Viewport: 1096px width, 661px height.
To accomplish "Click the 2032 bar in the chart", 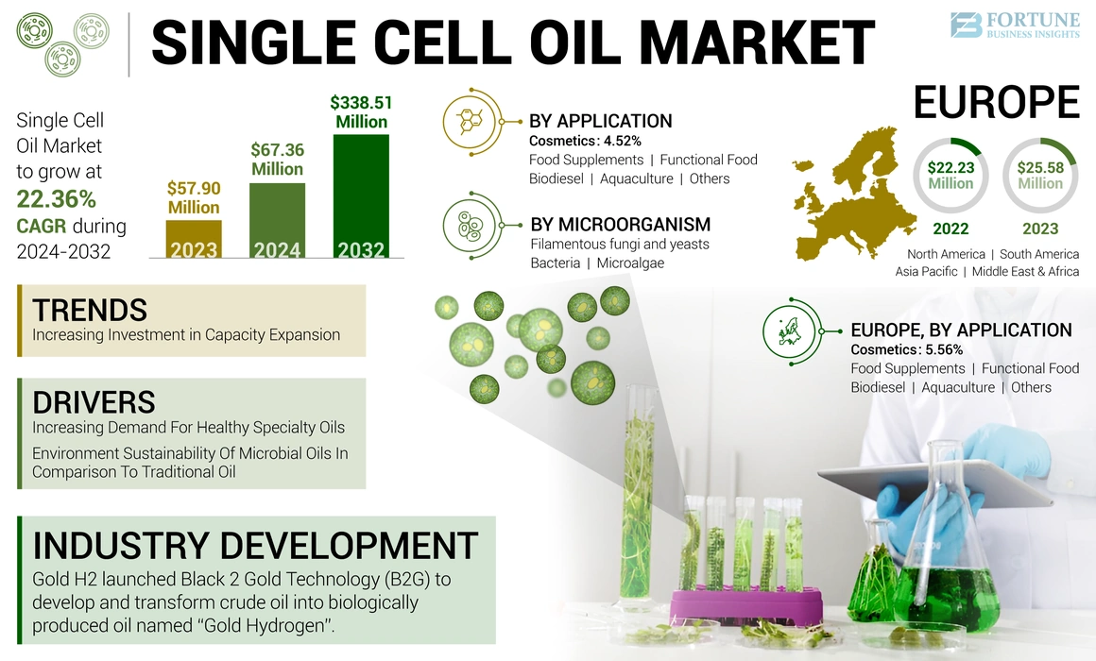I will click(x=361, y=196).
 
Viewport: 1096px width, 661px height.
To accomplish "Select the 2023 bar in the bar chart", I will click(x=194, y=239).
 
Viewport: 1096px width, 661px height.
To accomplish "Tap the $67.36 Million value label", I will click(x=277, y=160).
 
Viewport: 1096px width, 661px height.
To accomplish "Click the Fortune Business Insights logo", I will click(x=1013, y=25).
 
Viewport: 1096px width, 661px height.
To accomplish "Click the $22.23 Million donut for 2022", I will click(x=950, y=175).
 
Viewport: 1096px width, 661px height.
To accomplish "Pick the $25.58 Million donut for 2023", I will click(x=1039, y=175).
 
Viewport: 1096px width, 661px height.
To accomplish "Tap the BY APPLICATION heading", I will click(x=600, y=121).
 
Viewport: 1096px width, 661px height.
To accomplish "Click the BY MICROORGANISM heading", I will click(x=620, y=225).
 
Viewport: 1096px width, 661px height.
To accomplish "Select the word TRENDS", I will click(x=90, y=310).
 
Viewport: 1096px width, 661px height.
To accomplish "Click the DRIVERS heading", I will click(x=94, y=401).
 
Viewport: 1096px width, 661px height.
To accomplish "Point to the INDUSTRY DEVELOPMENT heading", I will click(x=255, y=546).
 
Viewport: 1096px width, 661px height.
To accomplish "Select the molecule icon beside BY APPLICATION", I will click(x=471, y=121).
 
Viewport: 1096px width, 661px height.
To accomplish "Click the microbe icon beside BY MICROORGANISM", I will click(x=471, y=226).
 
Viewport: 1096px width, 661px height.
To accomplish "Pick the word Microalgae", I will click(x=630, y=263).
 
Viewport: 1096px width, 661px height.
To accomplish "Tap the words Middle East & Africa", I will click(x=1025, y=272).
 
